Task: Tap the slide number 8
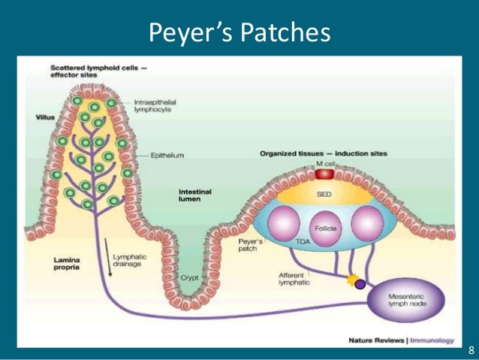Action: click(470, 350)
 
